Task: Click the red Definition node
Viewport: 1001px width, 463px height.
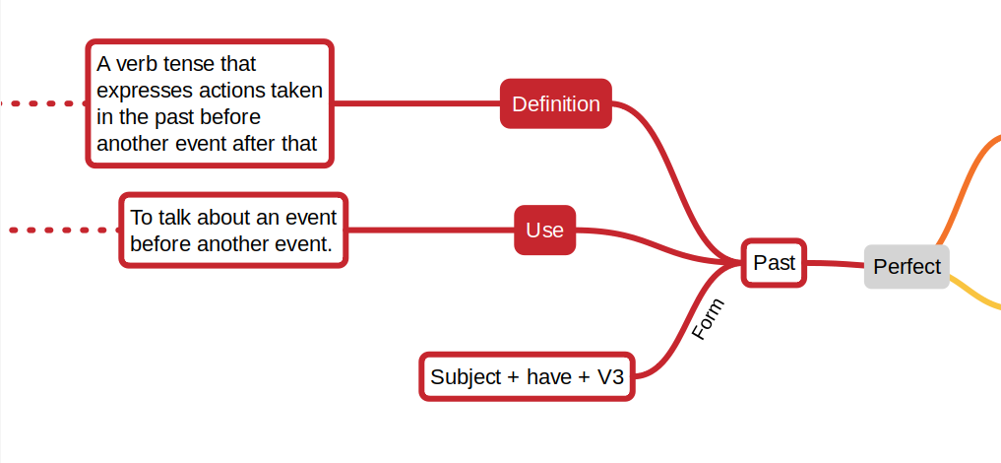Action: click(556, 103)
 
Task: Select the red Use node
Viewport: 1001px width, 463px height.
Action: click(544, 230)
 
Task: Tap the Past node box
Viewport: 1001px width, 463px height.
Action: click(774, 263)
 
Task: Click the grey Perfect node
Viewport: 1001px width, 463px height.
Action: click(907, 266)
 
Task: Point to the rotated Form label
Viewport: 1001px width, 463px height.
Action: click(708, 319)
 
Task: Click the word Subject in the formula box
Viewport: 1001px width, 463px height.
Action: click(466, 376)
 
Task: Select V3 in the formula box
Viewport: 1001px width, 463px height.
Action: click(611, 376)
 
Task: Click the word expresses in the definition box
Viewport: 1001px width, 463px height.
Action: click(144, 91)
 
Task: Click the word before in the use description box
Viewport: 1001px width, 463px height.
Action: click(160, 242)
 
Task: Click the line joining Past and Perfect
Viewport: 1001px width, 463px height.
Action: click(835, 264)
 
